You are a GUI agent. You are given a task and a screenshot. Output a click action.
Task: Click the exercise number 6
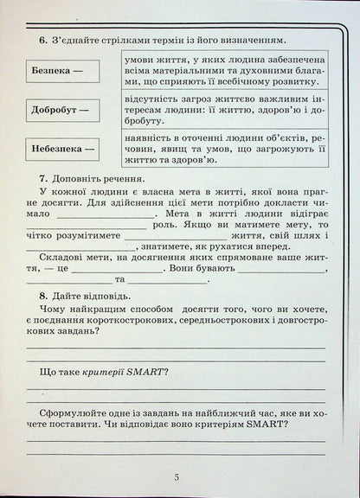pos(43,40)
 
